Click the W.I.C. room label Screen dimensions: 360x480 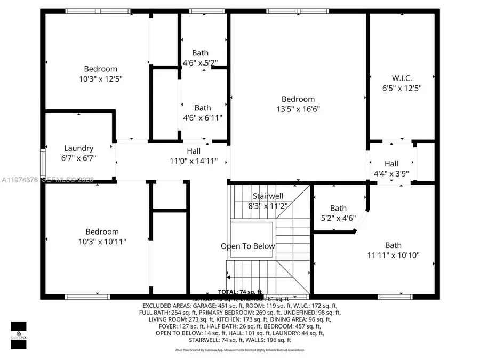click(x=402, y=78)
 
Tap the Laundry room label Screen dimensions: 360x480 click(x=79, y=148)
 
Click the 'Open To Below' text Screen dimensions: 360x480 click(x=248, y=246)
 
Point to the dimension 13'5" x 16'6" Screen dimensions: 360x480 click(x=298, y=109)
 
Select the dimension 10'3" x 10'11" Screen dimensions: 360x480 click(x=102, y=241)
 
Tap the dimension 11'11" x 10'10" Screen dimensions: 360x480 click(x=394, y=255)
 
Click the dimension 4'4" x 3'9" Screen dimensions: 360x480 click(x=391, y=173)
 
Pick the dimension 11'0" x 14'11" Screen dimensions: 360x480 click(x=194, y=161)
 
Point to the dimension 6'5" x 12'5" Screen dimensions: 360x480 click(x=402, y=88)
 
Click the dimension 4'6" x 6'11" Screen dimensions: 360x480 click(x=203, y=117)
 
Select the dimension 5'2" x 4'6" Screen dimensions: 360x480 click(x=338, y=218)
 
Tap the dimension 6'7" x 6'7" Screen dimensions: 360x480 click(x=79, y=158)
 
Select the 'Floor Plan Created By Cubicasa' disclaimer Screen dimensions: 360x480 click(x=240, y=350)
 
